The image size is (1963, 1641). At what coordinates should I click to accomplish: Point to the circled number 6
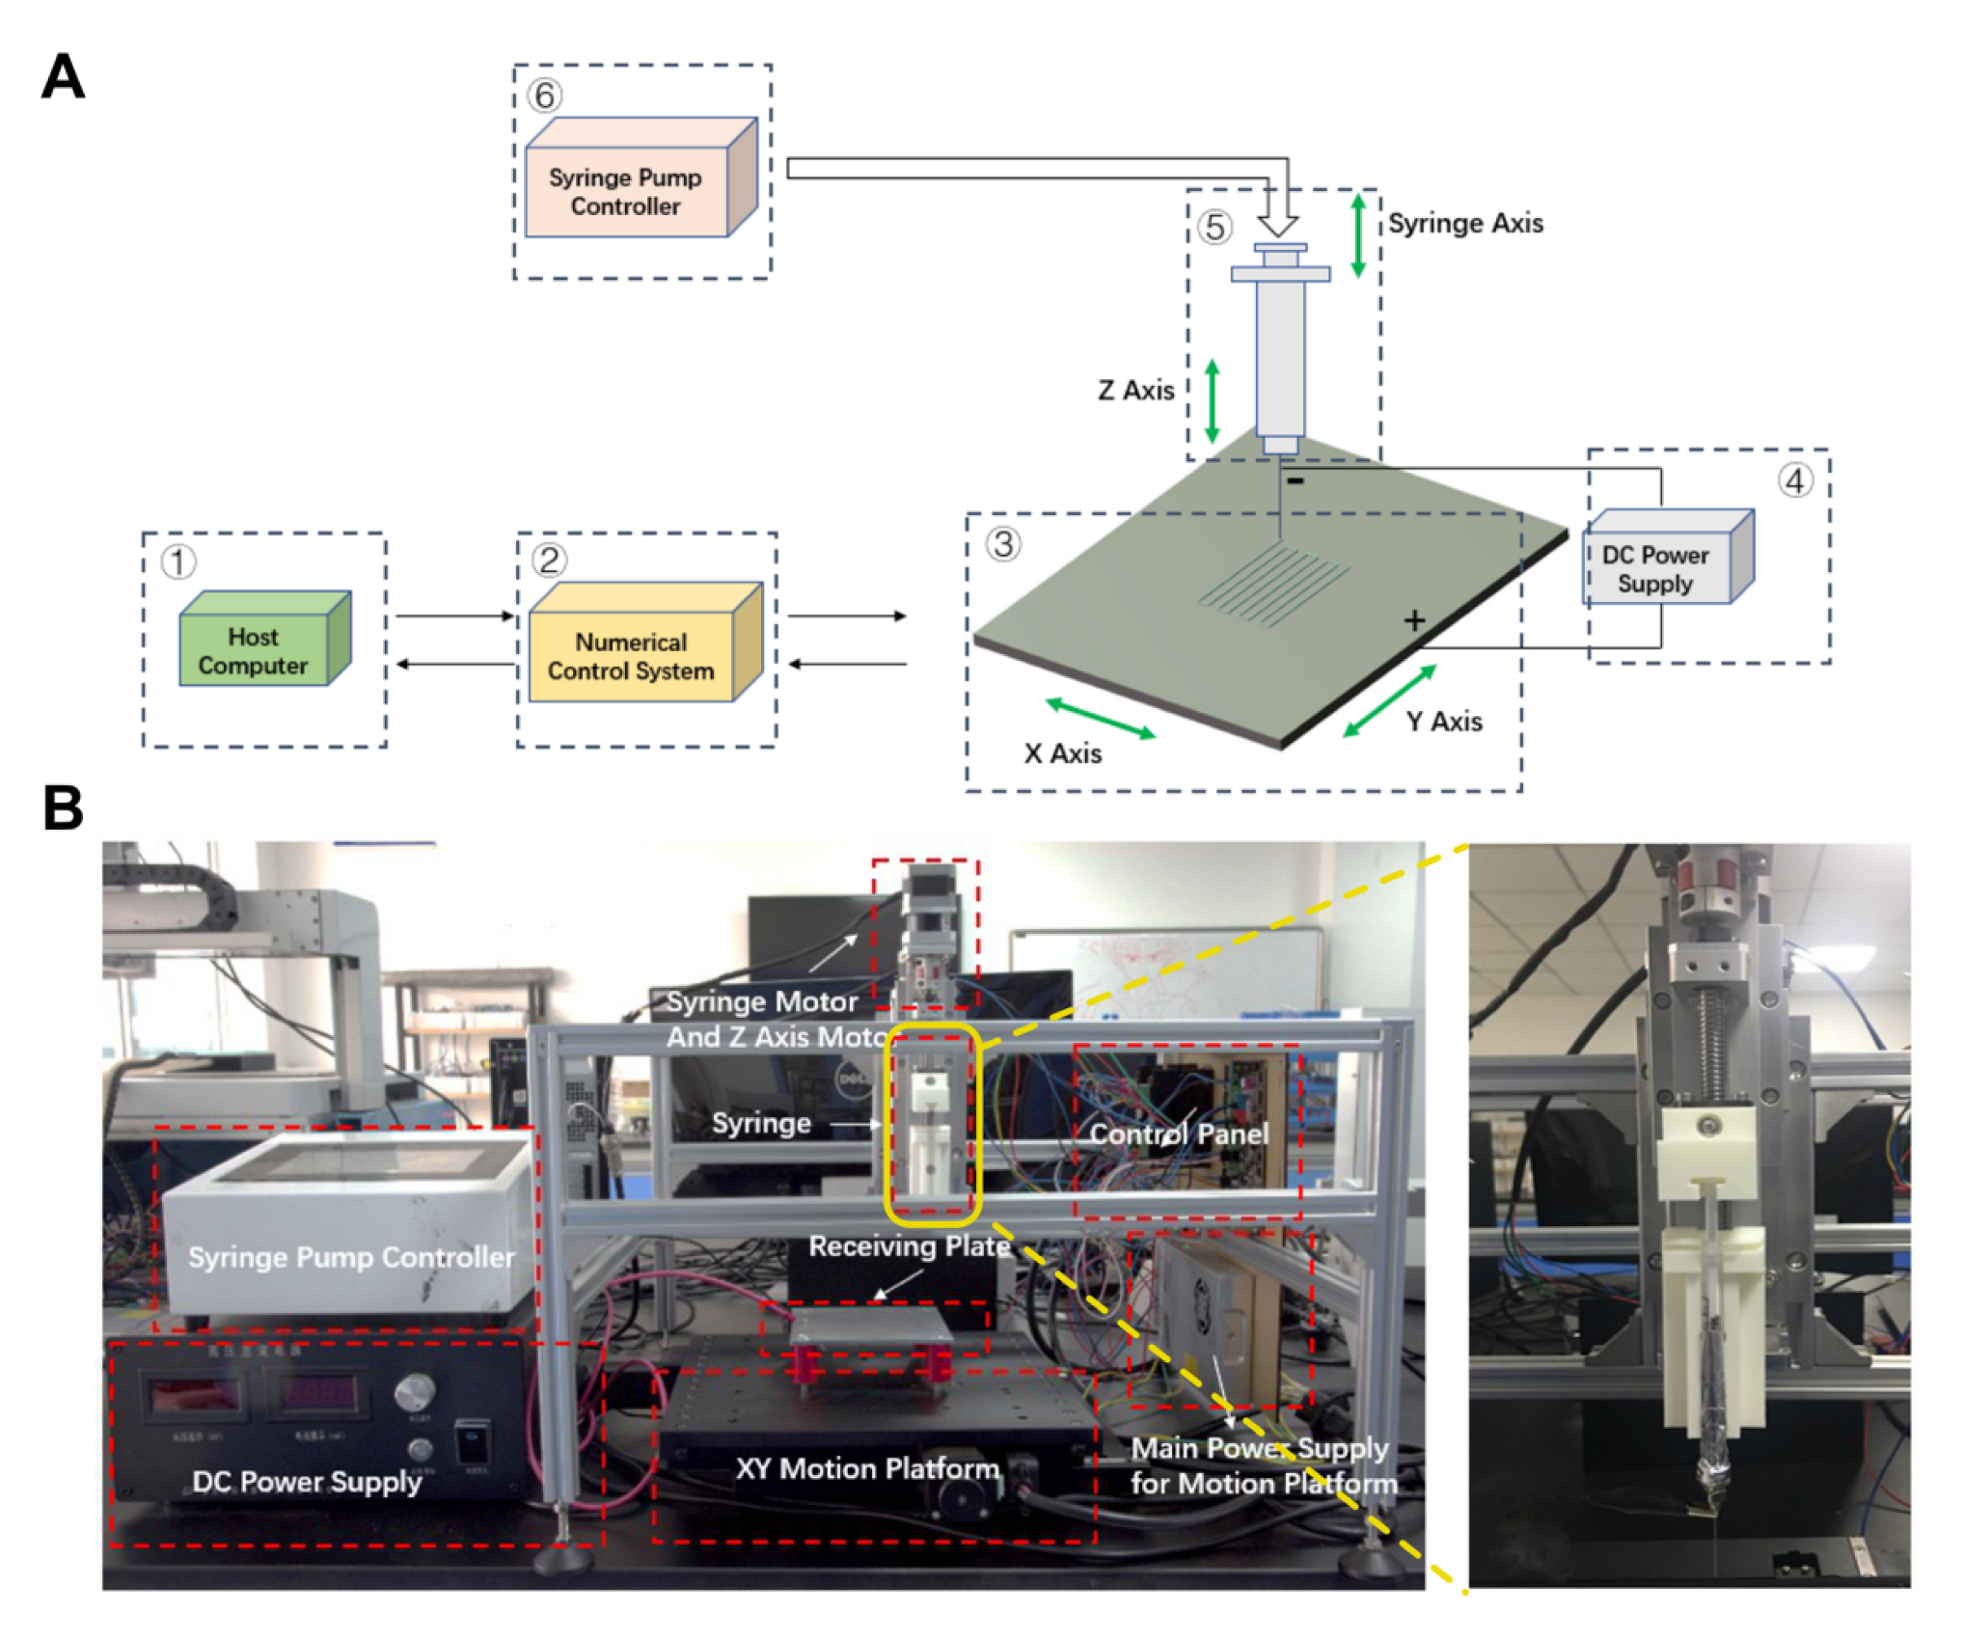[545, 96]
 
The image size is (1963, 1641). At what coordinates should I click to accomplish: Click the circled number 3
[1003, 544]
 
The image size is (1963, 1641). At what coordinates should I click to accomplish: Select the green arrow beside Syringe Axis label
[1357, 234]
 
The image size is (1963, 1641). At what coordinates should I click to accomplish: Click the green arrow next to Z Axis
[1212, 400]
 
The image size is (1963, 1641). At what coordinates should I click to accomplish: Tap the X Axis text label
[1062, 753]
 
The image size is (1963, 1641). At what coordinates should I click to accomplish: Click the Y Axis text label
[1443, 722]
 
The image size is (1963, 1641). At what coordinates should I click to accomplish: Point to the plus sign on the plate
[1414, 620]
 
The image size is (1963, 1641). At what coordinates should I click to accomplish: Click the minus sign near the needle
[1295, 480]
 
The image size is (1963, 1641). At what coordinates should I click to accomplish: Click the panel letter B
[63, 808]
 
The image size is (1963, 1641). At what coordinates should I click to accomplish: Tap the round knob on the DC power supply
[415, 1392]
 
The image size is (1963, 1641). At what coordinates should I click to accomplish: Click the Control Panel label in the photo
[1178, 1134]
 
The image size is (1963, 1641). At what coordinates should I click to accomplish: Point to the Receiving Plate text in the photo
[909, 1246]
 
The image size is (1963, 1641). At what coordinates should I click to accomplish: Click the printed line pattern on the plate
[1273, 585]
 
